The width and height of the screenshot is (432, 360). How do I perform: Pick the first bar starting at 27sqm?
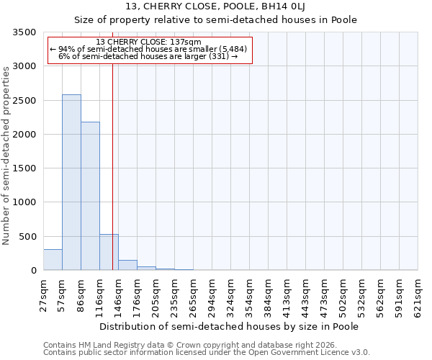[53, 260]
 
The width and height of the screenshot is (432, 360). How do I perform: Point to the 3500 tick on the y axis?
[25, 33]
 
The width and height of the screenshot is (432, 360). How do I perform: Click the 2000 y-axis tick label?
[25, 135]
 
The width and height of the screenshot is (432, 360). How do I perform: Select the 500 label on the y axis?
[28, 237]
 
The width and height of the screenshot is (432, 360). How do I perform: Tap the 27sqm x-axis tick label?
[44, 294]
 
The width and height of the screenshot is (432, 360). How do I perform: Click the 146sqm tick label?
[119, 296]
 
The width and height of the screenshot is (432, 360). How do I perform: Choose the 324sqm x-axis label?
[231, 296]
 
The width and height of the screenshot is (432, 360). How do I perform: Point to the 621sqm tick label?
[418, 296]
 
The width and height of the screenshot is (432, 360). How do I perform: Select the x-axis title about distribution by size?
[229, 326]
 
